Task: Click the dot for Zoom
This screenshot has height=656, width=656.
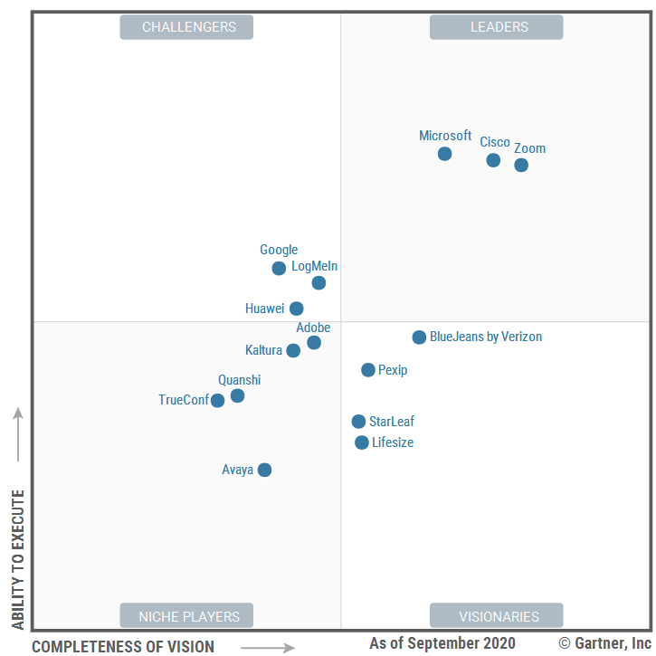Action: coord(521,165)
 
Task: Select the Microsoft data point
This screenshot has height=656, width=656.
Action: coord(444,154)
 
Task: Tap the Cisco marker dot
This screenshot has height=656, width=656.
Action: coord(493,160)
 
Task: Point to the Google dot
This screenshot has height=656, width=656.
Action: coord(279,268)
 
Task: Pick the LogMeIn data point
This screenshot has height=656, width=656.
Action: coord(318,282)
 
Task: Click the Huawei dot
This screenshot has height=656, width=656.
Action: coord(297,309)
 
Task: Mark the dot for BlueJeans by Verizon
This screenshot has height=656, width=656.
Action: coord(419,338)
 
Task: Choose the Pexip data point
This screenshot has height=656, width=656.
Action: coord(368,370)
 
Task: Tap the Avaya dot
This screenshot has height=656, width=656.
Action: coord(264,470)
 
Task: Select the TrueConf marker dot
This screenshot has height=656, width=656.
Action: coord(217,400)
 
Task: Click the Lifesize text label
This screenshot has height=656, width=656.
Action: coord(393,442)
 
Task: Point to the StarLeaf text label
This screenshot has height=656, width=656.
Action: coord(392,422)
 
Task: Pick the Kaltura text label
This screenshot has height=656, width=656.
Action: coord(263,350)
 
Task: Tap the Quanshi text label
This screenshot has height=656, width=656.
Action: coord(239,380)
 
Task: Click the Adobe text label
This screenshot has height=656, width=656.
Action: coord(313,328)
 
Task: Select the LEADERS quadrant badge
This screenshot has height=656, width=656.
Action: coord(496,27)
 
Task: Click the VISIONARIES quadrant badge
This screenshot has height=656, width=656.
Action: coord(496,616)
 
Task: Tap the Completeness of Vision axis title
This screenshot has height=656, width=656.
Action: coord(123,646)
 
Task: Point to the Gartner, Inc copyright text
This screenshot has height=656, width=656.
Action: coord(604,643)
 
